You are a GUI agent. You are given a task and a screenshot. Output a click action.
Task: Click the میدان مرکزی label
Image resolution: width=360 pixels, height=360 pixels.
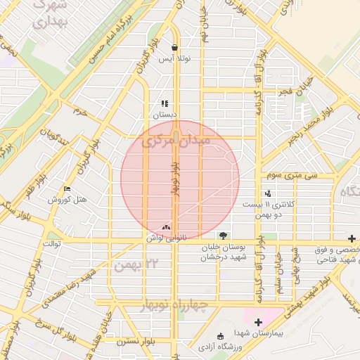coord(176,141)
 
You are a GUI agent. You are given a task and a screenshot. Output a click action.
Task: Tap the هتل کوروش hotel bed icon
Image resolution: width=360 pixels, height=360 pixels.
coord(67,189)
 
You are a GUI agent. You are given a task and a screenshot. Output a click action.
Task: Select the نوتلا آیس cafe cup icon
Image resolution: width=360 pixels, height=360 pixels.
coord(174,48)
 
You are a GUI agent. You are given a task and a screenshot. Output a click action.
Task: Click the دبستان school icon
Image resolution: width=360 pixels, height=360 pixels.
coord(165,103)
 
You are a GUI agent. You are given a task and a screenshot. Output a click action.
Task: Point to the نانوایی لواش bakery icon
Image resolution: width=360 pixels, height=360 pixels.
coord(167,227)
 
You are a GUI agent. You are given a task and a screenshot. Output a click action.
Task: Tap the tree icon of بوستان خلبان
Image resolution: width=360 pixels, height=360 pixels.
coord(223,235)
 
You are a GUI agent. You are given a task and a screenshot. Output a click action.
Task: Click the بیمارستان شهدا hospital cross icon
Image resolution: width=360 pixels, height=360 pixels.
coord(259,322)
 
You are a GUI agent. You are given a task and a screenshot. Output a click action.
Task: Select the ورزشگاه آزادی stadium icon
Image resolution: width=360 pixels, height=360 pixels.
coord(221,335)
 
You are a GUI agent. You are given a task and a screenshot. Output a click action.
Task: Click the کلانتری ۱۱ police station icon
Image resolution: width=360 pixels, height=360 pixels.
coord(268,193)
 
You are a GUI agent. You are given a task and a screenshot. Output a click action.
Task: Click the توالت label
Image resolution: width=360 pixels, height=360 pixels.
coord(53,243)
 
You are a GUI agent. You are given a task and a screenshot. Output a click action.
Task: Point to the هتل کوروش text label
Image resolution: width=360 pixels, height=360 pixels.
coord(67,200)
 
